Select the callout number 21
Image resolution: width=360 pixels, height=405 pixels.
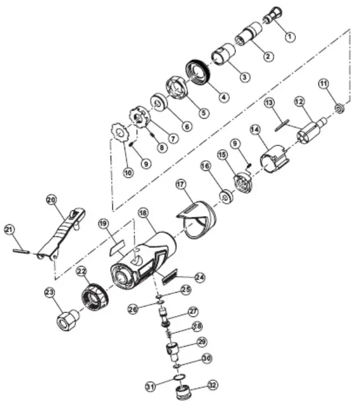[8, 229]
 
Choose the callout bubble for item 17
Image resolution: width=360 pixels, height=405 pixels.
[182, 185]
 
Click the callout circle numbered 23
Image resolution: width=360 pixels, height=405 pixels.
[49, 293]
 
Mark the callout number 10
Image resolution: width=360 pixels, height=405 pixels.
[127, 172]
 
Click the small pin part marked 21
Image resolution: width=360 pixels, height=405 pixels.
[21, 250]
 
